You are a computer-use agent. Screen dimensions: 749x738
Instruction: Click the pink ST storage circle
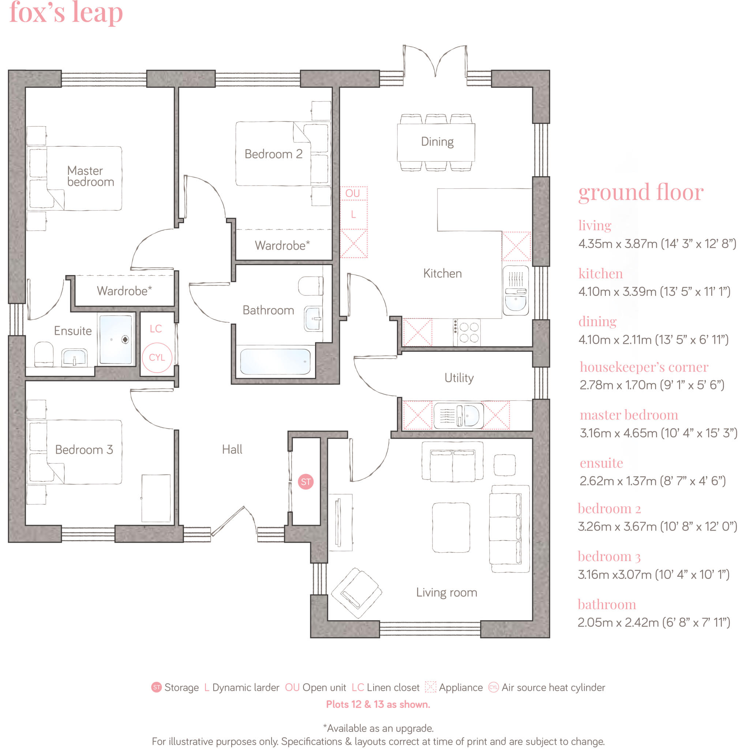click(x=306, y=482)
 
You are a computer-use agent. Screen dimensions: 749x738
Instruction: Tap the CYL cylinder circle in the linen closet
click(x=157, y=357)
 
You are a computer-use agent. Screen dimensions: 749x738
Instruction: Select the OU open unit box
click(x=353, y=193)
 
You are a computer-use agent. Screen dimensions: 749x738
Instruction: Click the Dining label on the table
click(x=437, y=142)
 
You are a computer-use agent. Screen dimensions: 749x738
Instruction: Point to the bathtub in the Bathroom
click(x=275, y=361)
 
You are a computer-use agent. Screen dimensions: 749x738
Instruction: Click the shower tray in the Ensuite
click(x=116, y=339)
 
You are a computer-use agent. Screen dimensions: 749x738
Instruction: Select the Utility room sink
click(x=458, y=415)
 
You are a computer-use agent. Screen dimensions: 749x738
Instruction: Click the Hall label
click(x=232, y=449)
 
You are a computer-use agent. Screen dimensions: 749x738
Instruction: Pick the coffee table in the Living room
click(x=451, y=527)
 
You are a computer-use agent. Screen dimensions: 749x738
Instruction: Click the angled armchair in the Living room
click(x=356, y=592)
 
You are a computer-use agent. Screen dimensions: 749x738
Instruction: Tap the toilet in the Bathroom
click(x=311, y=286)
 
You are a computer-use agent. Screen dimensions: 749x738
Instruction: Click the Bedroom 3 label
click(x=84, y=449)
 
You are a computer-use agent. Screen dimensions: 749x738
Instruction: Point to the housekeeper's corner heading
click(x=644, y=366)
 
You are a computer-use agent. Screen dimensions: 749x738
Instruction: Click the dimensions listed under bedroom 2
click(x=657, y=526)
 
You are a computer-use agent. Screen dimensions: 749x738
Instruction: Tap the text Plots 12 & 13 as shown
click(x=378, y=704)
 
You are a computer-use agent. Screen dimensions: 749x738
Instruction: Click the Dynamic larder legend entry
click(x=241, y=688)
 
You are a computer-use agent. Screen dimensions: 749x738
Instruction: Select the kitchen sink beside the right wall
click(x=516, y=291)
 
